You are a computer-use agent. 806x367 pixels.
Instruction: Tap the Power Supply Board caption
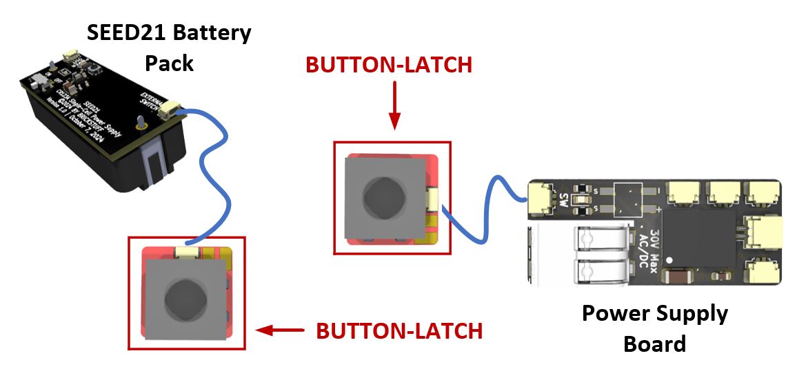click(654, 328)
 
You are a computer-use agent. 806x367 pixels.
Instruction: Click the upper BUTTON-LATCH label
click(389, 65)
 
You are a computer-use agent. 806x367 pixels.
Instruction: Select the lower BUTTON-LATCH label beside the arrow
click(399, 330)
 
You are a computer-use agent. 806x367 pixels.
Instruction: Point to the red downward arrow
click(394, 104)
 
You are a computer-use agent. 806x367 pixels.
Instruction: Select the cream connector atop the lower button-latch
click(188, 255)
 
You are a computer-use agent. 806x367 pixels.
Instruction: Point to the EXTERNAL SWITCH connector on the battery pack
click(170, 109)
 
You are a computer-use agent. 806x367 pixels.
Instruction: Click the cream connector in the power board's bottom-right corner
click(763, 268)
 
